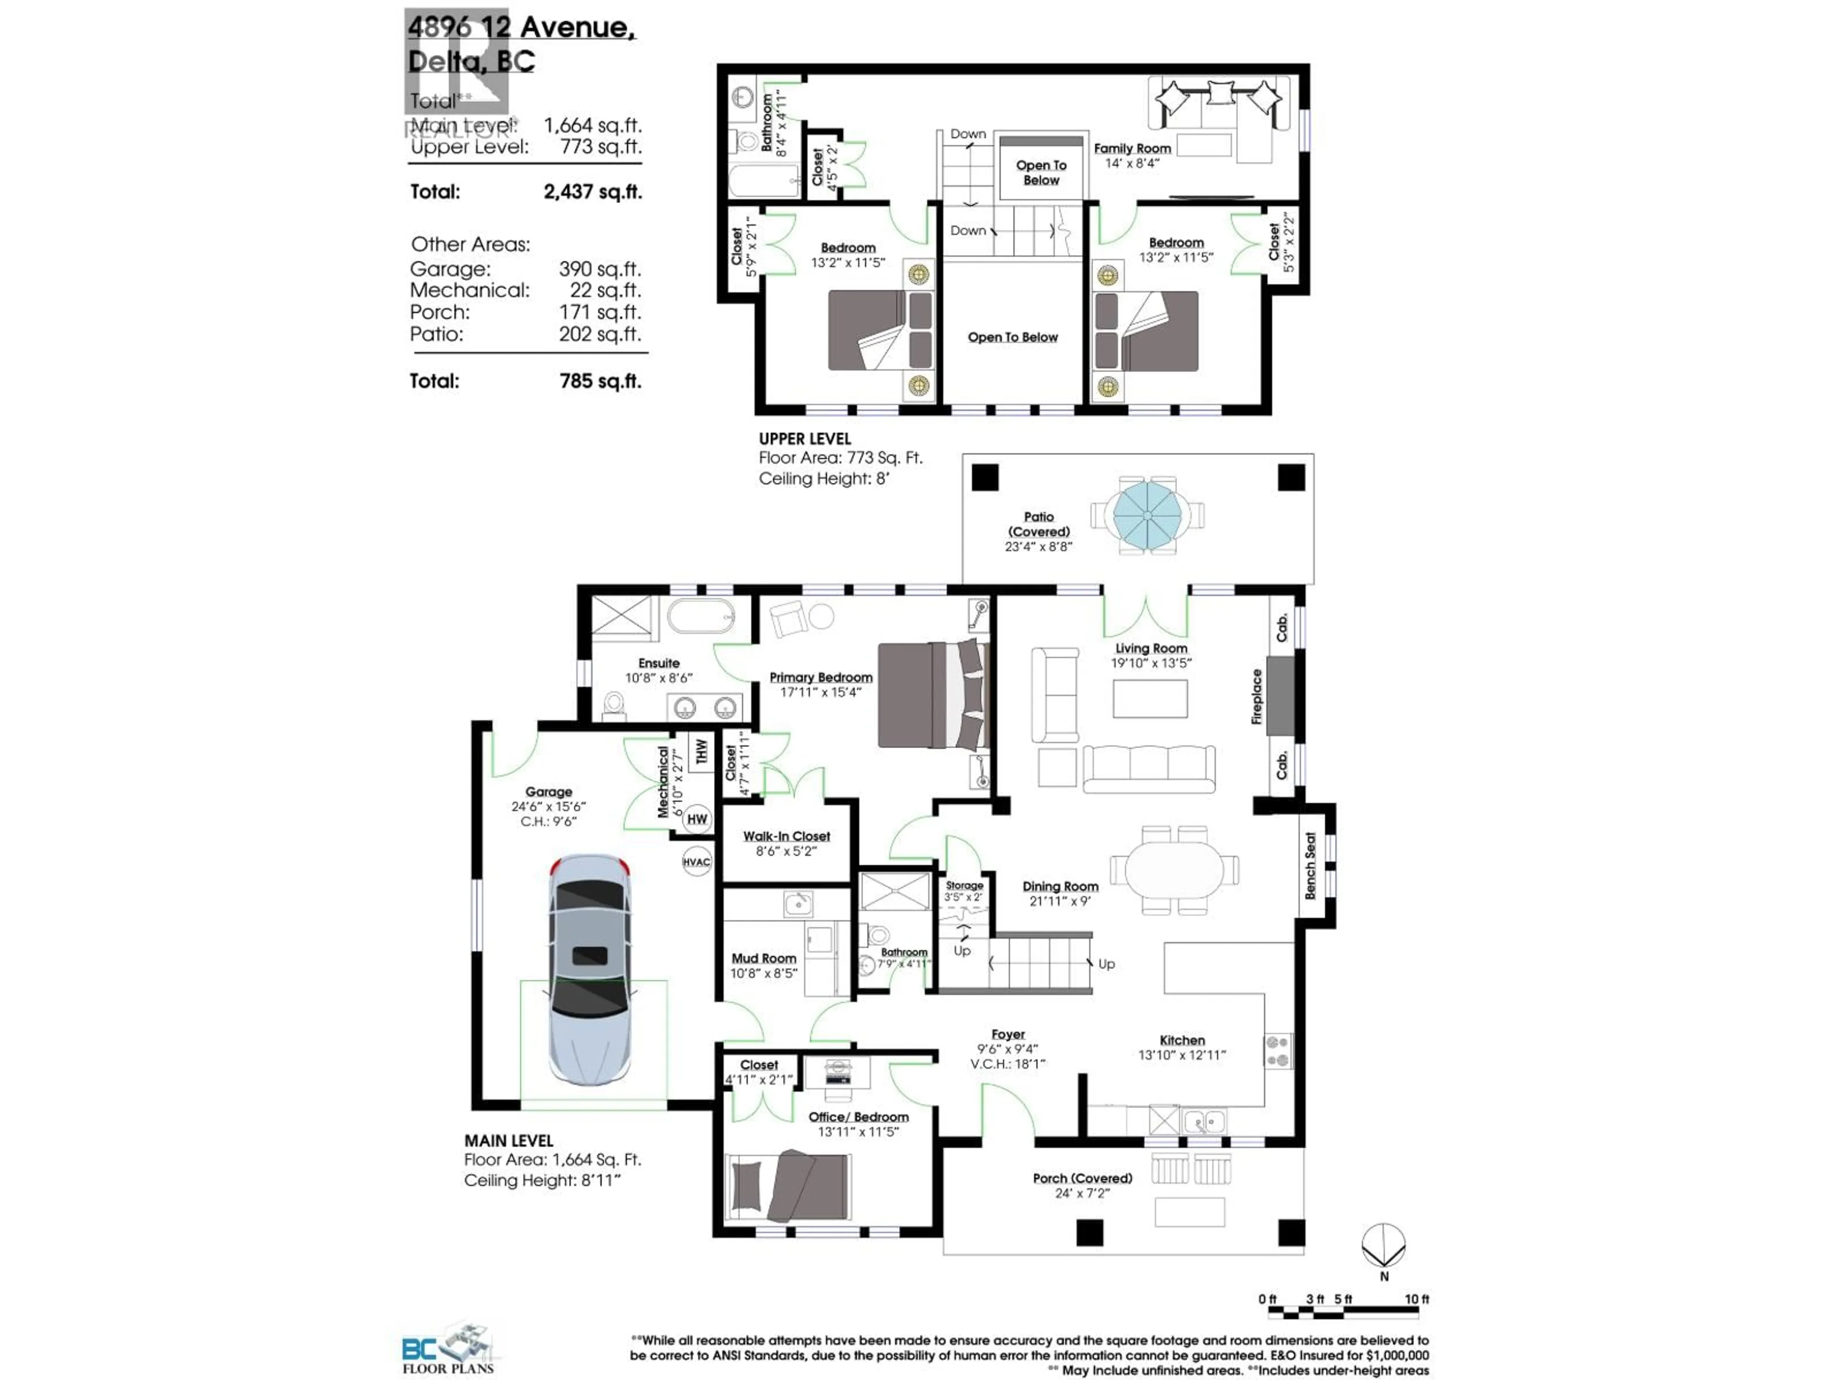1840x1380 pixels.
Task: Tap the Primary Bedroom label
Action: tap(820, 677)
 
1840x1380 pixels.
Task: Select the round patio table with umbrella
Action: tap(1147, 516)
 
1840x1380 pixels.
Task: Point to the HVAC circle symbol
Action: tap(696, 862)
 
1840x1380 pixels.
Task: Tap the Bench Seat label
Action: tap(1310, 865)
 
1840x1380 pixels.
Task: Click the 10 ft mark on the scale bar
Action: tap(1416, 1299)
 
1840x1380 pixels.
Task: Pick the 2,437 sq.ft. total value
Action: tap(592, 192)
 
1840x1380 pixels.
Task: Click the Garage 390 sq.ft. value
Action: tap(599, 269)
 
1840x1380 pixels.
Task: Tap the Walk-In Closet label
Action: tap(786, 836)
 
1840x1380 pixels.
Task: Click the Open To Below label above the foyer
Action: tap(1012, 337)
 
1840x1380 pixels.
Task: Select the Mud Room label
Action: tap(764, 958)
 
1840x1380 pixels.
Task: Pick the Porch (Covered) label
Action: tap(1082, 1178)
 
